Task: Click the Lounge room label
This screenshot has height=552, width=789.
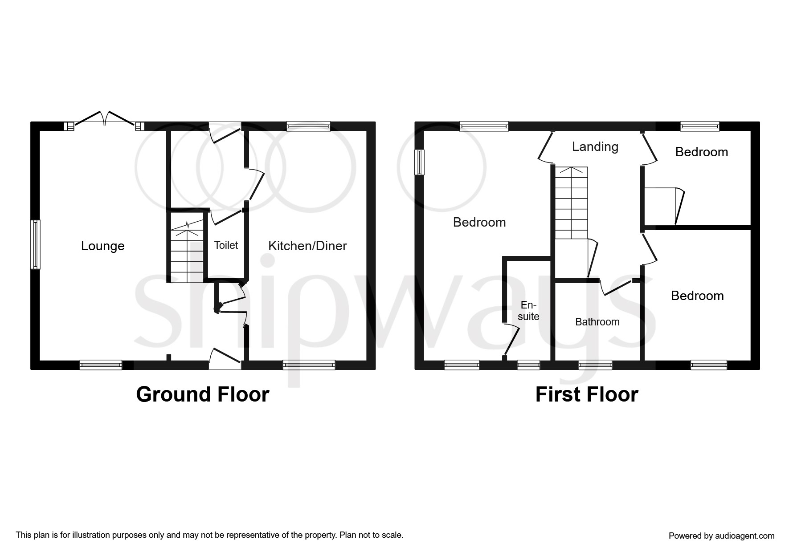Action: (102, 246)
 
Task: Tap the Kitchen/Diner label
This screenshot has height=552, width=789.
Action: (307, 246)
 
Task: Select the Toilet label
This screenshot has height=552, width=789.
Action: (226, 245)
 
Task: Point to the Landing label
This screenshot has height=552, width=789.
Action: (595, 147)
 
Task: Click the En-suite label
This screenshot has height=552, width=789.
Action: (528, 311)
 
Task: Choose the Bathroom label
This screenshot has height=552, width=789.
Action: (597, 322)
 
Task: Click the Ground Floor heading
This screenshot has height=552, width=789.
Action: (203, 394)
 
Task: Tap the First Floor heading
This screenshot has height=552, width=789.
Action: (587, 394)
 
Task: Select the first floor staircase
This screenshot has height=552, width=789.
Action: (571, 203)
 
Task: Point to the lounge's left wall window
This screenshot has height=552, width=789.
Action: (35, 244)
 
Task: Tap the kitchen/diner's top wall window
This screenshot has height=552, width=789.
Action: (309, 126)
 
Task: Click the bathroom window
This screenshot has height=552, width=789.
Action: (595, 365)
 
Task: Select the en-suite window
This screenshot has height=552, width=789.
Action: (528, 365)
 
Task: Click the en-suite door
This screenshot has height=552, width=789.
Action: (512, 341)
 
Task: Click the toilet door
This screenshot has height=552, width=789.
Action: (227, 216)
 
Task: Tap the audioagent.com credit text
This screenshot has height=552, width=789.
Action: (722, 536)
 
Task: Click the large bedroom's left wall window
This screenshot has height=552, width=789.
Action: (420, 162)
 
